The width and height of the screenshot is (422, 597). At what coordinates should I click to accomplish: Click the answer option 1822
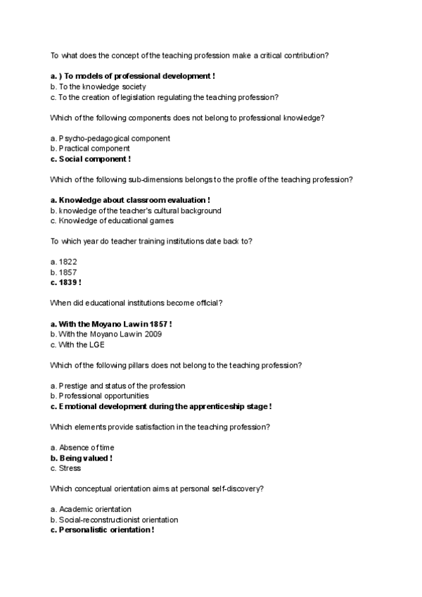pos(64,261)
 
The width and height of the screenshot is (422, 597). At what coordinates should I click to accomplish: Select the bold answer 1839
pos(66,282)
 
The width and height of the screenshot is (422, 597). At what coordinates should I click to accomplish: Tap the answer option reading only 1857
pos(64,272)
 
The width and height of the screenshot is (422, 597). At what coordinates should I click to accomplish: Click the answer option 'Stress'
pos(65,468)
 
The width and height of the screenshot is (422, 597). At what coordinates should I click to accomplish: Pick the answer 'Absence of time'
pos(82,447)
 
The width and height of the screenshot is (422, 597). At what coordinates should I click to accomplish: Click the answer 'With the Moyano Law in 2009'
pos(106,334)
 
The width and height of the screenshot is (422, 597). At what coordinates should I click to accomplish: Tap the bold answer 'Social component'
pos(91,159)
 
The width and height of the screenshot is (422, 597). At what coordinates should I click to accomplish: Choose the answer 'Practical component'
pos(90,149)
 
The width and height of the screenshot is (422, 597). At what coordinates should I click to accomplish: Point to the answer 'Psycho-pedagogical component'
pos(110,138)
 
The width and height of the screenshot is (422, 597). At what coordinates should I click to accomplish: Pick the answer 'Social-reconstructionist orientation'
pos(115,520)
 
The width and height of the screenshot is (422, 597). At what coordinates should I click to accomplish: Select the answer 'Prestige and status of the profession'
pos(118,385)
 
